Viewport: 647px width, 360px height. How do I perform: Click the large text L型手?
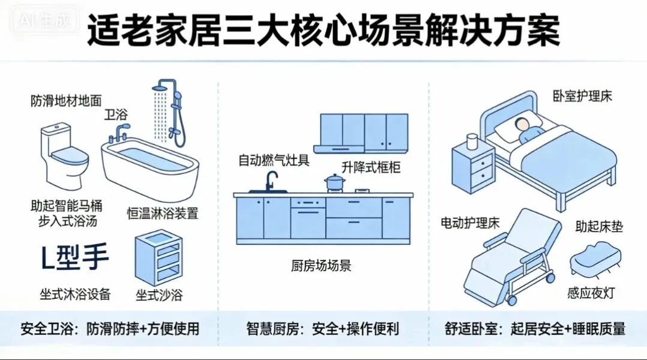pos(74,259)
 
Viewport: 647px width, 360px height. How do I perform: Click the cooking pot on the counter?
pos(333,181)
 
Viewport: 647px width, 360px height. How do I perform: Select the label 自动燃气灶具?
pos(274,160)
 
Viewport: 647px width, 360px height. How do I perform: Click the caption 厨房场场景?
pos(321,266)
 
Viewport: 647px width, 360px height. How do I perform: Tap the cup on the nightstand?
pos(471,142)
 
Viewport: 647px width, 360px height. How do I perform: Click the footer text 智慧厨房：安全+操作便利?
pos(322,329)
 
